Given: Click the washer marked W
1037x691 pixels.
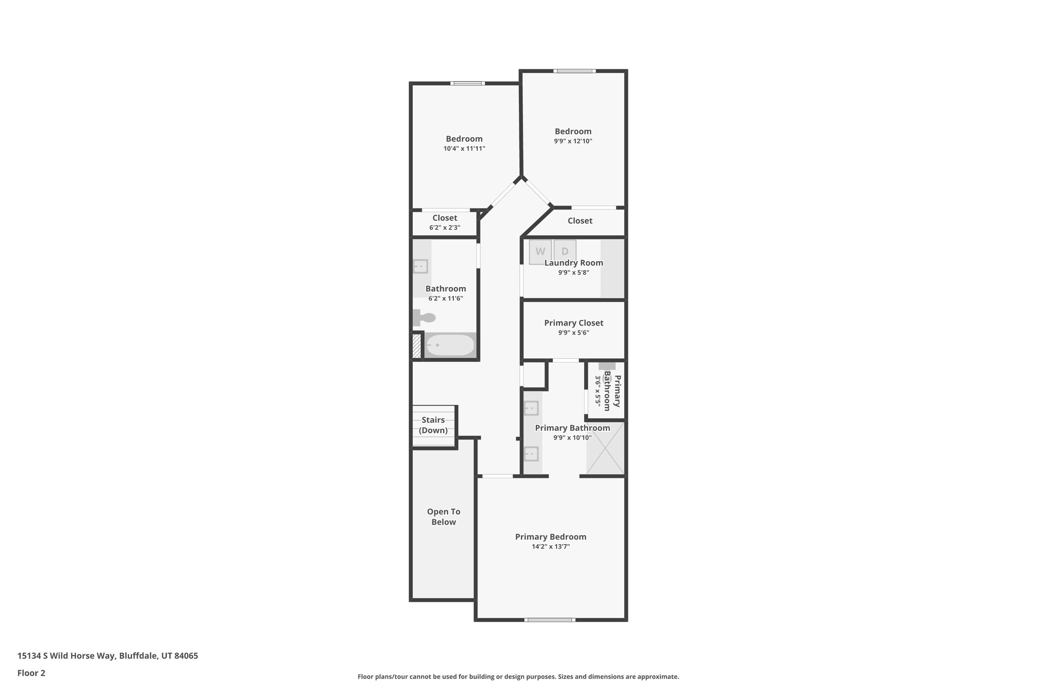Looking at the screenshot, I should pyautogui.click(x=540, y=252).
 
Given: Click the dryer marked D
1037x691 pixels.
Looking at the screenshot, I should pyautogui.click(x=565, y=251).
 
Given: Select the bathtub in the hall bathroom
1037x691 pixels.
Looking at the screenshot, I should pyautogui.click(x=450, y=345).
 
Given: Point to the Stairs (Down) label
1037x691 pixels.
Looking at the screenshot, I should pyautogui.click(x=433, y=425).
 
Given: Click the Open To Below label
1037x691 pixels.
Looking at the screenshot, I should pyautogui.click(x=444, y=517).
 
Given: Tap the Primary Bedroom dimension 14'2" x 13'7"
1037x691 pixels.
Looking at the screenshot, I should pyautogui.click(x=550, y=547).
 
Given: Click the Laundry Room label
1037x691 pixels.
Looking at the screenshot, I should pyautogui.click(x=574, y=263).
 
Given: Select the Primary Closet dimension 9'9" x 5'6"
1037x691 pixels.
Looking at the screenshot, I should pyautogui.click(x=574, y=333).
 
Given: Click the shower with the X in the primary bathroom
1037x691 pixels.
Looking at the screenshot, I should pyautogui.click(x=605, y=448).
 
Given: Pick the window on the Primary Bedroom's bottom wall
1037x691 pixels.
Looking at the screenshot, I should pyautogui.click(x=550, y=620).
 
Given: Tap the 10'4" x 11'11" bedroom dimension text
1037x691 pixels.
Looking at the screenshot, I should pyautogui.click(x=464, y=149).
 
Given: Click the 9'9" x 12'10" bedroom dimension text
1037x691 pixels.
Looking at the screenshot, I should pyautogui.click(x=573, y=141).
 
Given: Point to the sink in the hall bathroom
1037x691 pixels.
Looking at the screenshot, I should pyautogui.click(x=420, y=266).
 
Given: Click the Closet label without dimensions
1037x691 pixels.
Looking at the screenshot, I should pyautogui.click(x=580, y=221).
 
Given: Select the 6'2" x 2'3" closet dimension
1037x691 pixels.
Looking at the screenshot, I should pyautogui.click(x=445, y=228).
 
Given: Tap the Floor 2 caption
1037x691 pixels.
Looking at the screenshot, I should pyautogui.click(x=31, y=673).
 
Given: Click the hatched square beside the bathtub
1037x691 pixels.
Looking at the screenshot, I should pyautogui.click(x=417, y=346).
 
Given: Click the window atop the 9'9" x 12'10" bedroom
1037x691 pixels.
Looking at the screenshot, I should pyautogui.click(x=574, y=71).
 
